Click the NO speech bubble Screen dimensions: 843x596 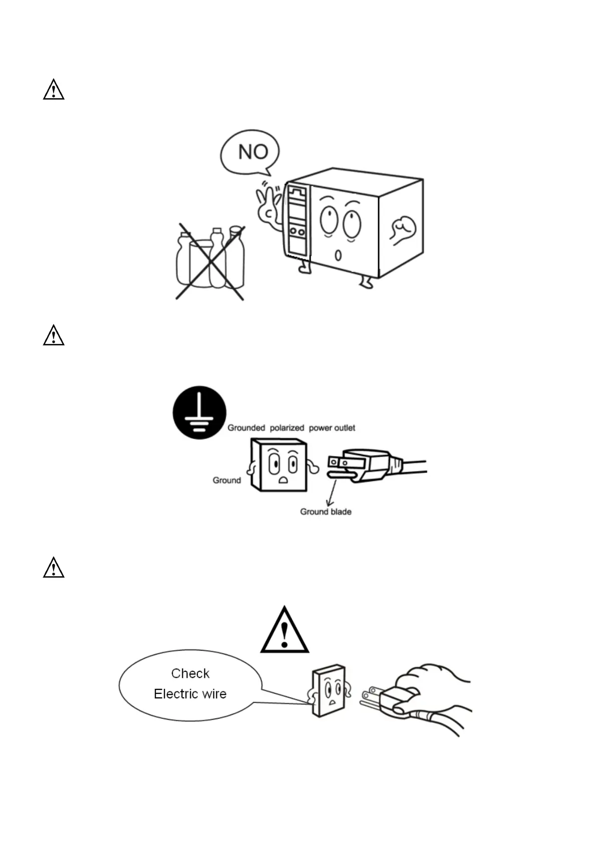pyautogui.click(x=250, y=152)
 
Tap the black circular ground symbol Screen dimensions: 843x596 pyautogui.click(x=199, y=412)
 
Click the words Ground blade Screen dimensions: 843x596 pyautogui.click(x=326, y=512)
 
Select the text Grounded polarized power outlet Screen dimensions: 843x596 pyautogui.click(x=291, y=428)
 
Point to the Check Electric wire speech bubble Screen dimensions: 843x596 pyautogui.click(x=190, y=684)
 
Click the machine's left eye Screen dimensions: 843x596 pyautogui.click(x=329, y=219)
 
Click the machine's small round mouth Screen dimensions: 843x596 pyautogui.click(x=338, y=255)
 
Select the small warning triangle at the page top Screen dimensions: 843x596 pyautogui.click(x=54, y=90)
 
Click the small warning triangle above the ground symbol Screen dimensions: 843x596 pyautogui.click(x=54, y=335)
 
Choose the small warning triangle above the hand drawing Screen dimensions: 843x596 pyautogui.click(x=54, y=568)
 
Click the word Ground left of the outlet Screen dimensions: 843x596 pyautogui.click(x=226, y=481)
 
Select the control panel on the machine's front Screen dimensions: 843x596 pyautogui.click(x=297, y=220)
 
